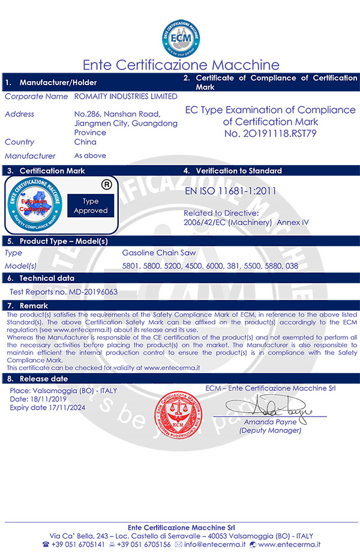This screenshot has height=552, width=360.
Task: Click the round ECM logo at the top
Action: pyautogui.click(x=181, y=37)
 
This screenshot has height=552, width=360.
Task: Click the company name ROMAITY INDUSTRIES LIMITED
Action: pyautogui.click(x=125, y=96)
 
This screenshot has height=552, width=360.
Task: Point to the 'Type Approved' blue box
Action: pyautogui.click(x=91, y=205)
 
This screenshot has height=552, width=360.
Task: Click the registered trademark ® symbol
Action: pyautogui.click(x=107, y=185)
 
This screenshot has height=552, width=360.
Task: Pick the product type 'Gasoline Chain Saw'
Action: pyautogui.click(x=159, y=253)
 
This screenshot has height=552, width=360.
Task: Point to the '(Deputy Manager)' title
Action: pyautogui.click(x=270, y=430)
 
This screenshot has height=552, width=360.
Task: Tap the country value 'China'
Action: pyautogui.click(x=85, y=142)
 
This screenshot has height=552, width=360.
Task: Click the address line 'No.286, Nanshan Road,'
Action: pyautogui.click(x=116, y=114)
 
